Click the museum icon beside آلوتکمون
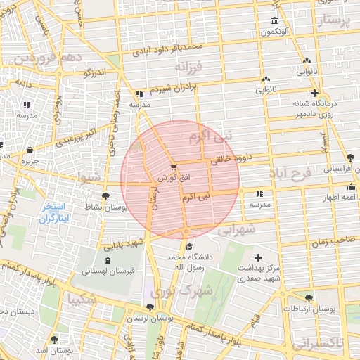[274, 20]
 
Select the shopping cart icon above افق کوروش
[173, 167]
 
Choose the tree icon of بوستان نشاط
[105, 196]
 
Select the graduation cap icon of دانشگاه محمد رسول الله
[188, 246]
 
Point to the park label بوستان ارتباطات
[311, 309]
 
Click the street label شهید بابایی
[124, 244]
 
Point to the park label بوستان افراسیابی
[340, 169]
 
